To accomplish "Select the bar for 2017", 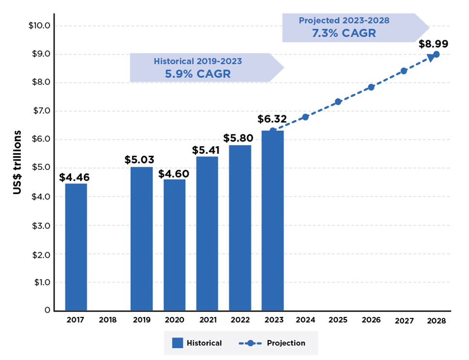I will point(76,247).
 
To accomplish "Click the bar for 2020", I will point(174,245).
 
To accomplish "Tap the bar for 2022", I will point(240,227).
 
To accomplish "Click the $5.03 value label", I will point(139,160).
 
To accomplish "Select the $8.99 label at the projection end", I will point(433,44).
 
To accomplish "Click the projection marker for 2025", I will point(338,102).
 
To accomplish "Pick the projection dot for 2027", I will point(404,71).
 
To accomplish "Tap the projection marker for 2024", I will point(305,117).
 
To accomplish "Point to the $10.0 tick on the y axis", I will point(40,25).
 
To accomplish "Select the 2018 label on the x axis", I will point(108,320).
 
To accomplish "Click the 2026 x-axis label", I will point(371,320).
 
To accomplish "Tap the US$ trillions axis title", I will point(18,162).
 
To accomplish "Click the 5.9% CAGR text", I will point(198,74).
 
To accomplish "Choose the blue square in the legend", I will point(178,343).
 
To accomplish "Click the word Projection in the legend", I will point(286,343).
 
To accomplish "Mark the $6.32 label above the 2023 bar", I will point(272,119).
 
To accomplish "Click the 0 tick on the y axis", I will point(47,310).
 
